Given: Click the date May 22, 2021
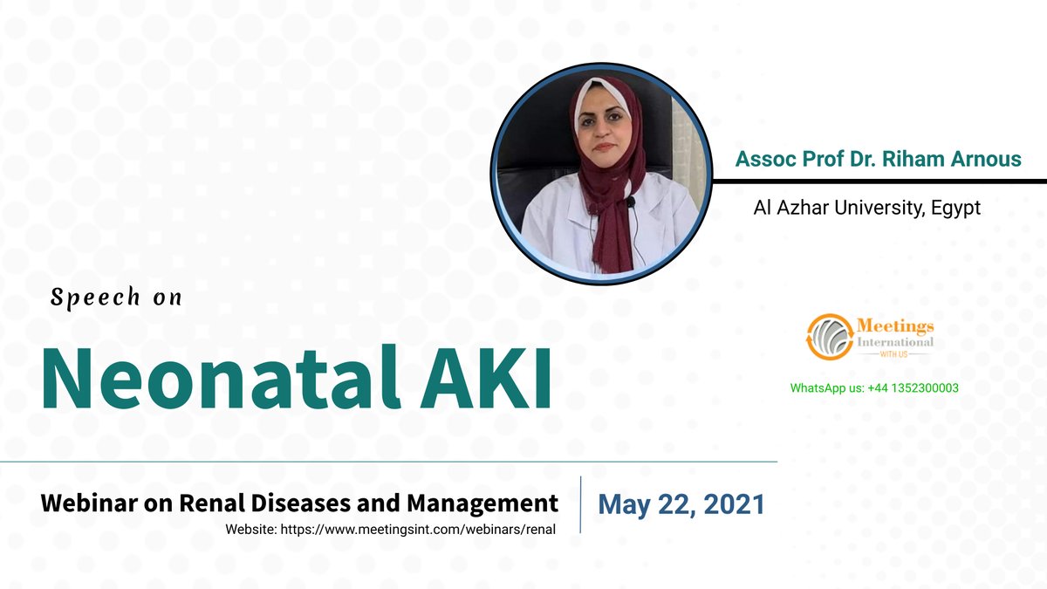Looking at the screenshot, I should point(681,504).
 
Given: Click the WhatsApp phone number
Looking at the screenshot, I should point(912,387).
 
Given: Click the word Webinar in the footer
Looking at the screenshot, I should point(91,503).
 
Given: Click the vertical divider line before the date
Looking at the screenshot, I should point(581,504).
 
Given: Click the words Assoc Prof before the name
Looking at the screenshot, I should point(777,160).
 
